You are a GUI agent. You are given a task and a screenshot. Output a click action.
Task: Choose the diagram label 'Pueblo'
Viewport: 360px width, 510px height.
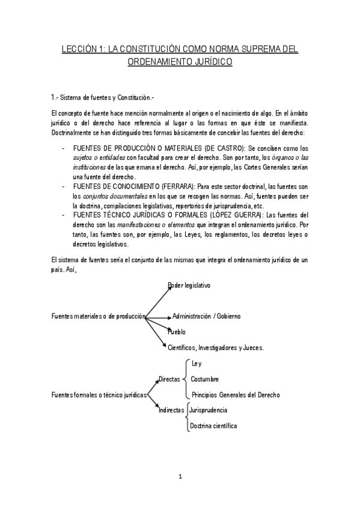[176, 331]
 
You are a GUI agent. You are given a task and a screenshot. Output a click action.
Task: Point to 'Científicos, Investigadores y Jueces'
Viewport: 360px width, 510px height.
[216, 348]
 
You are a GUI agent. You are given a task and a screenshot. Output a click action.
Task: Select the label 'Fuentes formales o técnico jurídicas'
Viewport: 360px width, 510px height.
[100, 395]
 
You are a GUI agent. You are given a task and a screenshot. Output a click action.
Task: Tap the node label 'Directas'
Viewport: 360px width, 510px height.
[169, 379]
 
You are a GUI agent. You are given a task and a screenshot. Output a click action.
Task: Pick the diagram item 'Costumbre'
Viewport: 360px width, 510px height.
[204, 379]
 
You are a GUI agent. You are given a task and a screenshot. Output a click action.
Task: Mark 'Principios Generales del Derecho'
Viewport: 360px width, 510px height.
[235, 395]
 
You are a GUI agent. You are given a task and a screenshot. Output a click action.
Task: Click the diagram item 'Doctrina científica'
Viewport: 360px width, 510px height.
[213, 426]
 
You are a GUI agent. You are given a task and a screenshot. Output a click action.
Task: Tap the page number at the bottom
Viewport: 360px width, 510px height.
[180, 478]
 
